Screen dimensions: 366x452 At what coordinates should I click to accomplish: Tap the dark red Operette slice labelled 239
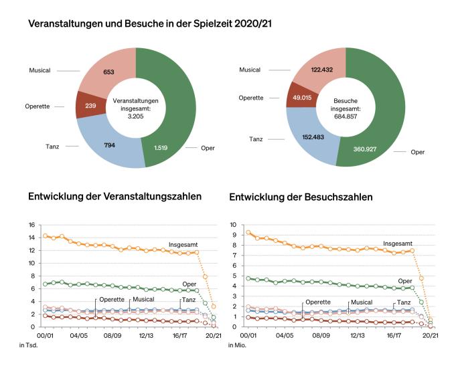click(91, 106)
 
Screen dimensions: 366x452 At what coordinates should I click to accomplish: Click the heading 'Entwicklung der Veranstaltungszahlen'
click(115, 197)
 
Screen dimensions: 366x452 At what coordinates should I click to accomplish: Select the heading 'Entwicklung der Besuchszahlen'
click(301, 197)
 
